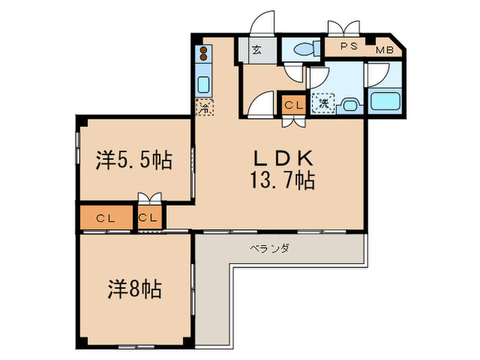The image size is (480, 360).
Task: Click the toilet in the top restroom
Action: [302, 49]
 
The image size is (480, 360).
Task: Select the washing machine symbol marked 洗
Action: [320, 105]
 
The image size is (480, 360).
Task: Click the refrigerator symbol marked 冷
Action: [204, 108]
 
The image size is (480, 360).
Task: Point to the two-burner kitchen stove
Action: [204, 55]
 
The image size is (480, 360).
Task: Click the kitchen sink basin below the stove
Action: [204, 84]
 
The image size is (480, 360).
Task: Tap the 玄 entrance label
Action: [256, 50]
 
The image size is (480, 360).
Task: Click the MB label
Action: [383, 50]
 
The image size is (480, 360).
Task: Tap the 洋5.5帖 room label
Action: [133, 161]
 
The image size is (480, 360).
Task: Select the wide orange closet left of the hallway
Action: [105, 219]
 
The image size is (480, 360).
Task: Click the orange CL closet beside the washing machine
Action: [293, 105]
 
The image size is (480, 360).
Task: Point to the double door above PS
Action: [344, 29]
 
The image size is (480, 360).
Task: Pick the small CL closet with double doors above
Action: [149, 219]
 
